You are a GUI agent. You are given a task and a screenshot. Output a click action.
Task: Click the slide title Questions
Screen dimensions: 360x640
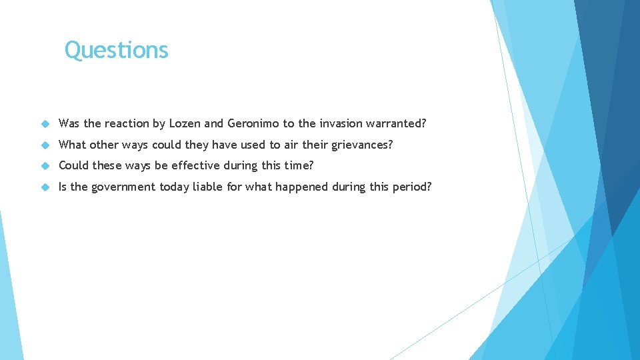[x=117, y=50]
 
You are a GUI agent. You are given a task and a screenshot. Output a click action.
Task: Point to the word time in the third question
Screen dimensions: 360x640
[x=297, y=165]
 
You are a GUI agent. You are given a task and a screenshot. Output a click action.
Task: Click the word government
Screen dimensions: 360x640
[x=123, y=187]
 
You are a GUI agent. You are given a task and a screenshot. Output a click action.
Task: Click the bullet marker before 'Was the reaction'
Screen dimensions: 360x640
[x=45, y=124]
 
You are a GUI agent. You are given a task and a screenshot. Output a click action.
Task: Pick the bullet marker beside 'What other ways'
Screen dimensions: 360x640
[x=45, y=145]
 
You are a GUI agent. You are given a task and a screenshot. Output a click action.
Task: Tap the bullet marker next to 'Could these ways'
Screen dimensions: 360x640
[x=45, y=166]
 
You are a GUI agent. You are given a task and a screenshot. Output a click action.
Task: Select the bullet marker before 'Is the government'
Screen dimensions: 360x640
[x=45, y=187]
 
